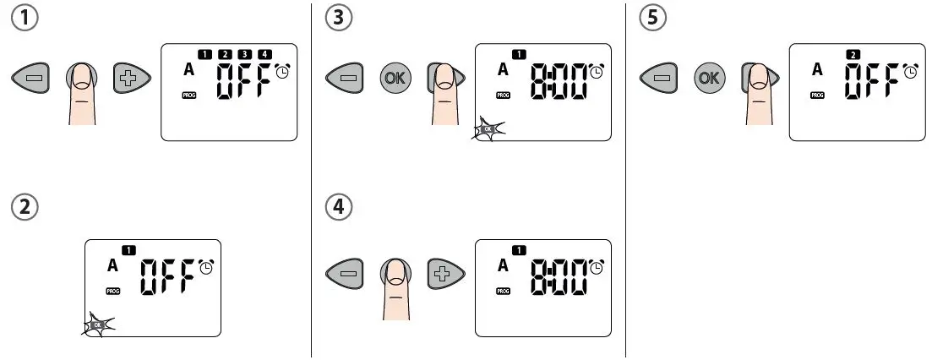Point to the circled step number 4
[x=339, y=207]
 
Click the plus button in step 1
[x=131, y=79]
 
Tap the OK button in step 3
[x=393, y=78]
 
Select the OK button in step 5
[x=707, y=78]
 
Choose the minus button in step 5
[x=659, y=79]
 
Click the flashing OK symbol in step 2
[x=98, y=324]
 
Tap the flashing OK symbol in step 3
[x=487, y=129]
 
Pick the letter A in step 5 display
[x=817, y=70]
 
